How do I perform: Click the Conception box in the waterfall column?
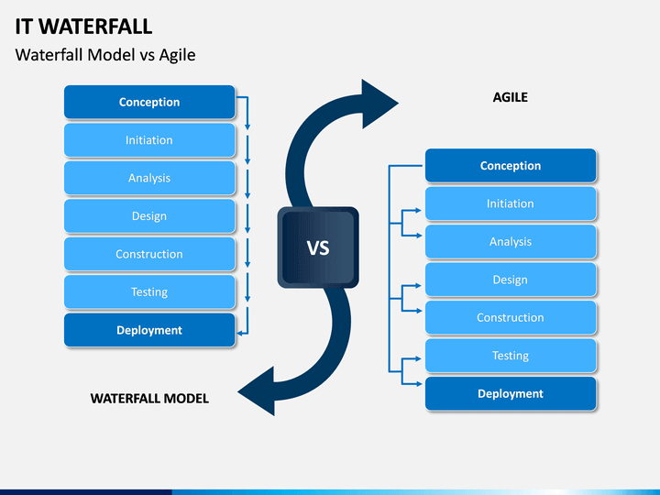pyautogui.click(x=149, y=102)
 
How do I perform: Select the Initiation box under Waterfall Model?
pyautogui.click(x=149, y=139)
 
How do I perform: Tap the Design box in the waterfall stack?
pyautogui.click(x=149, y=216)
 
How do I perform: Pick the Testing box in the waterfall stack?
pyautogui.click(x=149, y=291)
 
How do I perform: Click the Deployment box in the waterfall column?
pyautogui.click(x=149, y=330)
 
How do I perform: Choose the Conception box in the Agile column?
pyautogui.click(x=511, y=165)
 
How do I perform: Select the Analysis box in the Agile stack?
pyautogui.click(x=511, y=242)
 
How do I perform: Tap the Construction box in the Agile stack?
pyautogui.click(x=511, y=317)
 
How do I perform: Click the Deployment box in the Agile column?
pyautogui.click(x=511, y=393)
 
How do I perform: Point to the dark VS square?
pyautogui.click(x=318, y=247)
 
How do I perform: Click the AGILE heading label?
pyautogui.click(x=511, y=97)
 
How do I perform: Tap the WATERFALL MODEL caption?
pyautogui.click(x=149, y=399)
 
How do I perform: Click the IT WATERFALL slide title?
pyautogui.click(x=83, y=27)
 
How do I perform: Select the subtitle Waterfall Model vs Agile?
pyautogui.click(x=105, y=55)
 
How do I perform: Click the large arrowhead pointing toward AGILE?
pyautogui.click(x=379, y=104)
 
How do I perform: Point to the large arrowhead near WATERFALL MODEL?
pyautogui.click(x=257, y=391)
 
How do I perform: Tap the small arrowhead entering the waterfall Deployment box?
pyautogui.click(x=239, y=334)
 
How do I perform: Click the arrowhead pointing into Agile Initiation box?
pyautogui.click(x=418, y=210)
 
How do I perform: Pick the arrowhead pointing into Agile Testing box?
pyautogui.click(x=418, y=358)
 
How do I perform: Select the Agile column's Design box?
pyautogui.click(x=511, y=280)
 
